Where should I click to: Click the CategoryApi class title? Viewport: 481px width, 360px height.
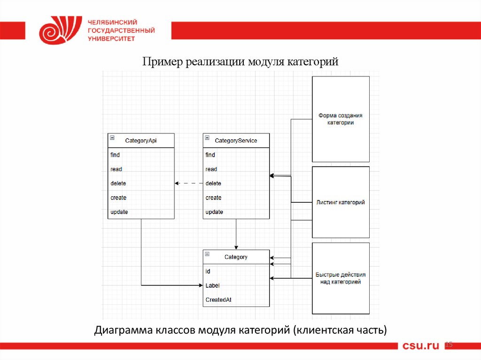point(141,140)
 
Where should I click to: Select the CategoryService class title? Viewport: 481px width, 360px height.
point(236,140)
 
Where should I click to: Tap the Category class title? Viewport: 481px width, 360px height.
point(236,257)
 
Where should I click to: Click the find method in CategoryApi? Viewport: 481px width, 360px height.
point(115,155)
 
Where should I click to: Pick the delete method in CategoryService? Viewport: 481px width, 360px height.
point(213,184)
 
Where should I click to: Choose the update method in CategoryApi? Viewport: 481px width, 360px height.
point(119,212)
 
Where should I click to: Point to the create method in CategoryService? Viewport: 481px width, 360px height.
point(213,198)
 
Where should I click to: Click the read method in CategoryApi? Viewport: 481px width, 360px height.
point(116,169)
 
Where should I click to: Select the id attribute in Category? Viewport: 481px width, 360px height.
point(208,271)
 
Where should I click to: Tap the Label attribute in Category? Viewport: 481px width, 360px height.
point(212,285)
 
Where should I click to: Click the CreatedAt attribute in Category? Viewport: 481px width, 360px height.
point(218,299)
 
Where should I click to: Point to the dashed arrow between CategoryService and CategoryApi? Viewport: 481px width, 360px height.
point(189,184)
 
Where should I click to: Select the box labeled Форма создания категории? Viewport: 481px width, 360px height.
point(341,119)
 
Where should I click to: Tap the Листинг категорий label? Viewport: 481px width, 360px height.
point(341,203)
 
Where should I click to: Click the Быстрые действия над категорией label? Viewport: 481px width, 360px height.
point(341,278)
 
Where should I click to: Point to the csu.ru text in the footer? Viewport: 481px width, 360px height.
point(420,346)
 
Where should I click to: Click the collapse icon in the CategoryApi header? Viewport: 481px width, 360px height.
point(112,138)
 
